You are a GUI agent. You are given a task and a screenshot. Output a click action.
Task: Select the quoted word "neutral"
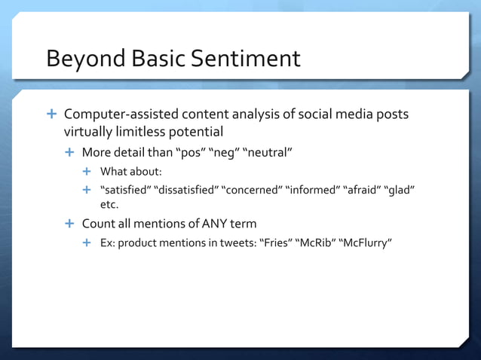click(x=266, y=153)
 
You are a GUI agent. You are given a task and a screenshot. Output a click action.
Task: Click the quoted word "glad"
click(x=402, y=189)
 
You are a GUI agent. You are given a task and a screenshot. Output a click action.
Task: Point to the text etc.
click(x=110, y=203)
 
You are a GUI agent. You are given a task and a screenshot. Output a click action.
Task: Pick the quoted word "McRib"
click(x=317, y=243)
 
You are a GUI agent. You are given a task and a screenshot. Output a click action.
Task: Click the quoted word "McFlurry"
click(x=367, y=243)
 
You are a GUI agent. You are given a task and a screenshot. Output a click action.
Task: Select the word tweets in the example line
click(x=236, y=243)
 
